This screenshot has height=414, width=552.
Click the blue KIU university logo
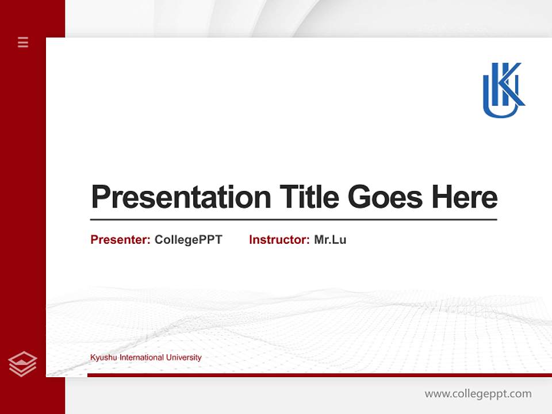(x=503, y=90)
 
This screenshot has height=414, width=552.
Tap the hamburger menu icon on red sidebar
(x=23, y=42)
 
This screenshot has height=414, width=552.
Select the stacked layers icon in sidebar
(x=22, y=364)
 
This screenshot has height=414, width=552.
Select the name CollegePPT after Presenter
(x=188, y=240)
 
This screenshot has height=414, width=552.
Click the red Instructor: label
(x=279, y=240)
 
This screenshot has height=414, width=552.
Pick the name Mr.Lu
(x=330, y=240)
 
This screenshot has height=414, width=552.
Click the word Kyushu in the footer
(x=102, y=358)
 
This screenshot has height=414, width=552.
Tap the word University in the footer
(x=183, y=358)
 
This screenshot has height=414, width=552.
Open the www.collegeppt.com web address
(x=478, y=394)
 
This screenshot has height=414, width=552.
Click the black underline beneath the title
(x=293, y=219)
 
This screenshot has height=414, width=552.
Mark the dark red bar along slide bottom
(x=319, y=375)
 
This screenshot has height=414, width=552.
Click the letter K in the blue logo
(x=511, y=83)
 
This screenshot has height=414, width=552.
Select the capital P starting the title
(x=100, y=197)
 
